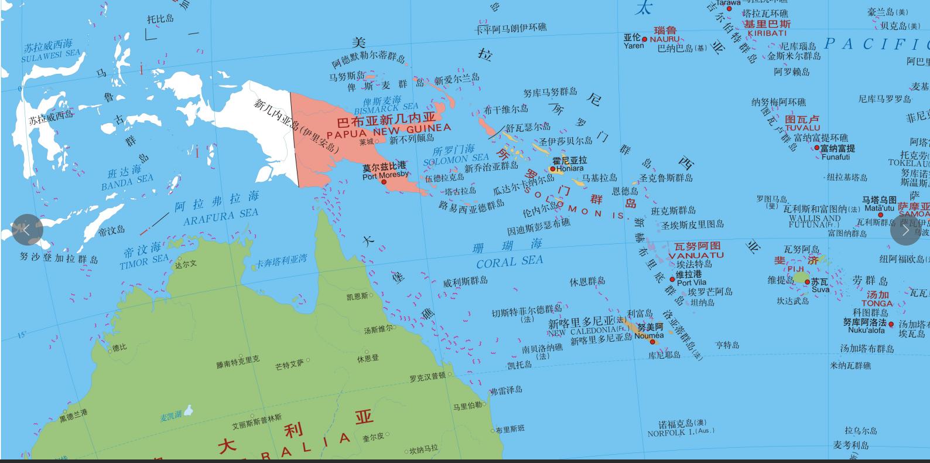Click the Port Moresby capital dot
tap(384, 182)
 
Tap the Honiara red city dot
tap(552, 169)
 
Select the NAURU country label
tap(665, 39)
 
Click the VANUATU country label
tap(696, 256)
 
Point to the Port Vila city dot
tap(672, 279)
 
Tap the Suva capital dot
tap(807, 282)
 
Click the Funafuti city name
tap(836, 157)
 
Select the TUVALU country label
tap(802, 128)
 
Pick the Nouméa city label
tap(649, 335)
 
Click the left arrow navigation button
tap(27, 230)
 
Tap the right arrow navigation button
tap(905, 230)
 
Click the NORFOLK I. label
tap(681, 433)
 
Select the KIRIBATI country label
tap(767, 33)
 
